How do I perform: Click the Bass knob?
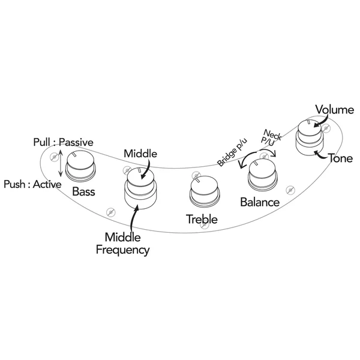coord(80,166)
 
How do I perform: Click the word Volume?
coord(335,110)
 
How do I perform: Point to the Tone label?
coord(340,158)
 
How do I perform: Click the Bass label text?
coord(83,191)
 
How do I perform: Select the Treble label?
coord(202,219)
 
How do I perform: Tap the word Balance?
coord(260,202)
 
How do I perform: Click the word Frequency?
coord(122,250)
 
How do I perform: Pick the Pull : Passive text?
coord(64,142)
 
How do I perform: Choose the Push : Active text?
coord(32,184)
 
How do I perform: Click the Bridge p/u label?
coord(232,152)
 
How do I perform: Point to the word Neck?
coord(272,135)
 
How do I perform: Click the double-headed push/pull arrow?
coord(61,163)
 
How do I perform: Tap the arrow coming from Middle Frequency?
coord(133,218)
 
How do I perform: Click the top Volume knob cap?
coord(309,128)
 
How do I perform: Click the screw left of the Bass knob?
coord(54,157)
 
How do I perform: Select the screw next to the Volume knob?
coord(326,128)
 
